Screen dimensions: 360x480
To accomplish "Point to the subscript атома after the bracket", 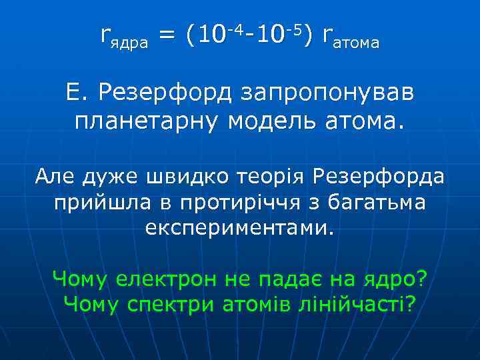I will click(x=357, y=45).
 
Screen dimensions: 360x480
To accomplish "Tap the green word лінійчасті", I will click(x=347, y=304).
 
